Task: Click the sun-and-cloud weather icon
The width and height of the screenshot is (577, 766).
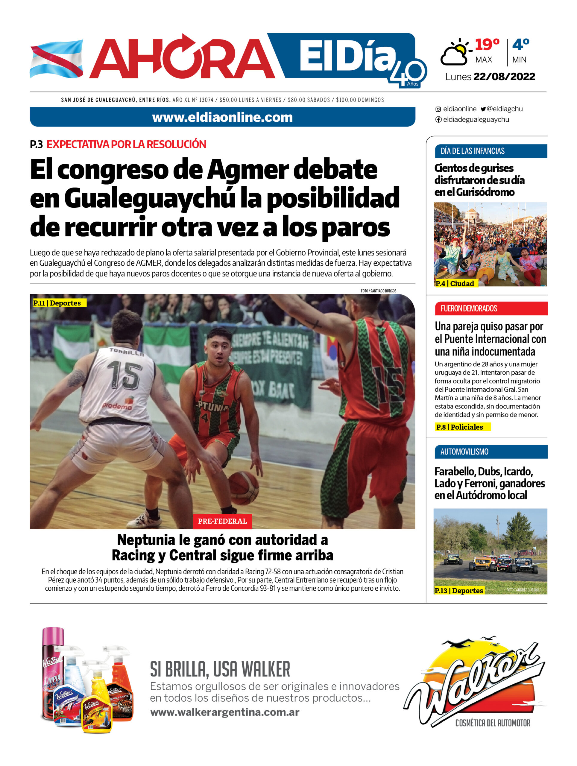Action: point(455,53)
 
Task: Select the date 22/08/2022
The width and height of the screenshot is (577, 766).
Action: point(504,77)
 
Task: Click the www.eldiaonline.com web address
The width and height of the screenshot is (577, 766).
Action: point(222,117)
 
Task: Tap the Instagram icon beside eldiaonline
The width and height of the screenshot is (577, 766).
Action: point(438,109)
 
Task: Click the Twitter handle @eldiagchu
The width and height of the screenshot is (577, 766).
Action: point(504,109)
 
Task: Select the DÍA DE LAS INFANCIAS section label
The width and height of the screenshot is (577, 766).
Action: point(473,151)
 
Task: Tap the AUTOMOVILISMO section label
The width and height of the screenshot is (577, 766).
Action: point(464,452)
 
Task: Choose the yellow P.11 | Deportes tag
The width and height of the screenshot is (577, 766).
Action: point(57,303)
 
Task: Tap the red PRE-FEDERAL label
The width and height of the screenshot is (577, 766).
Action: point(222,521)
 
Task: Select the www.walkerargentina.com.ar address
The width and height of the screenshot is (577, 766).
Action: point(224,712)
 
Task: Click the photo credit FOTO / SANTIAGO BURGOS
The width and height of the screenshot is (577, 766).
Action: point(378,291)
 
